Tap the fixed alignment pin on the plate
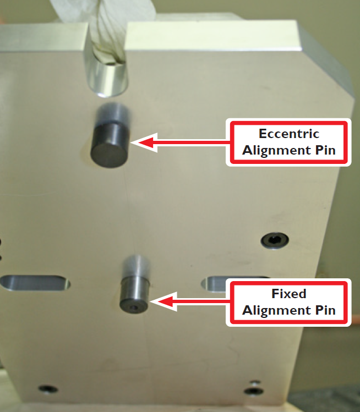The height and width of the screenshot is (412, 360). coord(134,294)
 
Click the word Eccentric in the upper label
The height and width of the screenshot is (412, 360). coord(289,134)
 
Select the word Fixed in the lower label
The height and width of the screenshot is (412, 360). coord(288,294)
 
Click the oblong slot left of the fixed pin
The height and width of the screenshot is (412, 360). coord(36,282)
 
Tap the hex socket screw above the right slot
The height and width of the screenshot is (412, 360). coord(274,240)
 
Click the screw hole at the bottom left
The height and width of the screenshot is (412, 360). coord(48,389)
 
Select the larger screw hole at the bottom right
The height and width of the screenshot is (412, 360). coord(254,391)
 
